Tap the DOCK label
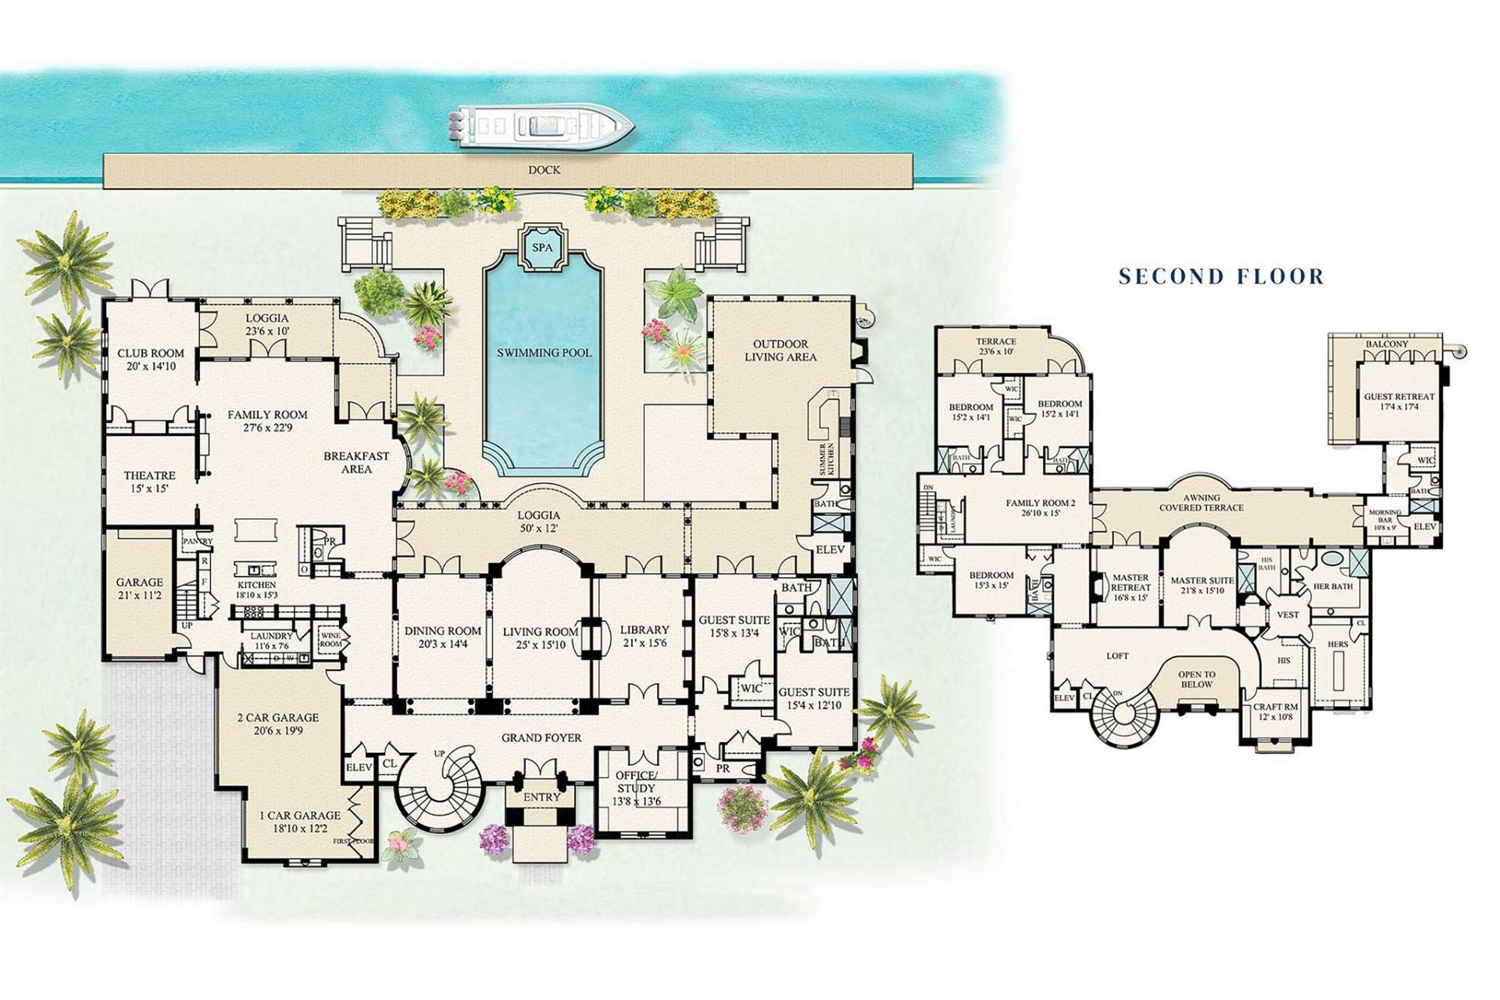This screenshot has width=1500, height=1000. pos(544,170)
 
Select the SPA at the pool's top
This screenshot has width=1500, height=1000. pos(542,247)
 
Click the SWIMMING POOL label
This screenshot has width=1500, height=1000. pos(544,353)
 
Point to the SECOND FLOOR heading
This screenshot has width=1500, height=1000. pos(1221,276)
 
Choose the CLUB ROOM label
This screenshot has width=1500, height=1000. pos(150,353)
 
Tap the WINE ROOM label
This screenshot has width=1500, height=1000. pos(330,639)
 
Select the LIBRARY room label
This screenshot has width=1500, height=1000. pos(644,630)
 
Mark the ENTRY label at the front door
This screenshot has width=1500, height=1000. pos(541,797)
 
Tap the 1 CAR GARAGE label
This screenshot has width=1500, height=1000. pos(299,815)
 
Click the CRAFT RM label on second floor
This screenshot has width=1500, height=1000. pos(1275,707)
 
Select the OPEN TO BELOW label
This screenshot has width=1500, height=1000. pos(1196,679)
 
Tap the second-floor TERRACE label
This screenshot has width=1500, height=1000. pos(995,342)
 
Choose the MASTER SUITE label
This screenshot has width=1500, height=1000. pos(1202,581)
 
